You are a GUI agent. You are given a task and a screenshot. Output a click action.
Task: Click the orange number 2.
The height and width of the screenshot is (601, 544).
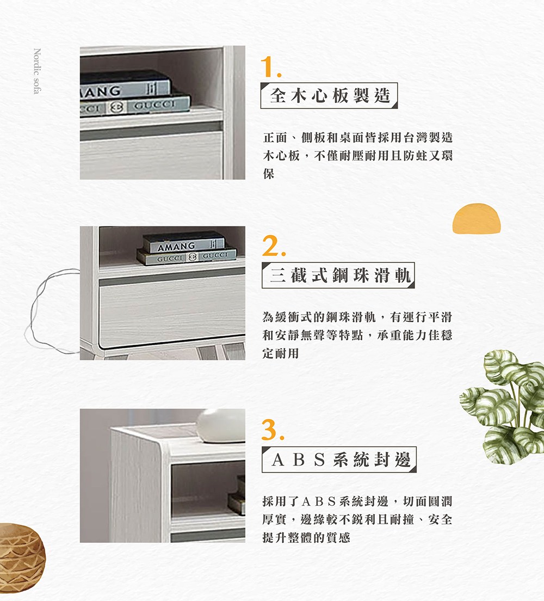click(x=271, y=248)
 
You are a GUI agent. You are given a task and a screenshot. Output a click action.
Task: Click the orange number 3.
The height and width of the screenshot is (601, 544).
click(x=272, y=430)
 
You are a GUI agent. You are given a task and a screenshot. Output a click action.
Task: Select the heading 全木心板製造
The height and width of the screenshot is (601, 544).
click(x=330, y=96)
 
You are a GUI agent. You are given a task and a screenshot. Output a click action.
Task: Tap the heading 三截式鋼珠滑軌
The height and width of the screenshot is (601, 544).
click(x=338, y=275)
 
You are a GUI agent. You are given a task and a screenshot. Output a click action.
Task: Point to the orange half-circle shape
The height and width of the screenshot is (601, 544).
click(x=476, y=218)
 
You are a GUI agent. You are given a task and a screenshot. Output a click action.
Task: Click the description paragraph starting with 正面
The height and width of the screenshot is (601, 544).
click(x=357, y=155)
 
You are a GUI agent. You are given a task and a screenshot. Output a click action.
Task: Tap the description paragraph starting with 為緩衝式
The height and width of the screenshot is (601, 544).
click(x=357, y=335)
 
